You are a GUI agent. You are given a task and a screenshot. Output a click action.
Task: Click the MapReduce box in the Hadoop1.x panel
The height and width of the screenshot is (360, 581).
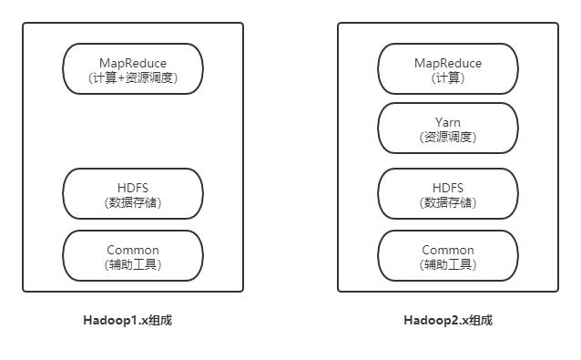pyautogui.click(x=133, y=68)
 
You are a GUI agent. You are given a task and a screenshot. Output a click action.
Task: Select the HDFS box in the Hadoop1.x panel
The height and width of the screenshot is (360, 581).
pyautogui.click(x=133, y=193)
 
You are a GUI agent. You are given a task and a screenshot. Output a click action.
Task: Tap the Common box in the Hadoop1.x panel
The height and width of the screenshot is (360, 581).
pyautogui.click(x=133, y=256)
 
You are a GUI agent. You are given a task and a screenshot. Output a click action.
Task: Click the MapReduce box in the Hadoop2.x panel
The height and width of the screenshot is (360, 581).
pyautogui.click(x=447, y=68)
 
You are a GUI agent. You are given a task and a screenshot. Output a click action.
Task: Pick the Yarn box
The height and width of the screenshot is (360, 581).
pyautogui.click(x=447, y=128)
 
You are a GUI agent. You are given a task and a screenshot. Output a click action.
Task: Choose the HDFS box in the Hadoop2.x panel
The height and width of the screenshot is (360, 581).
pyautogui.click(x=447, y=193)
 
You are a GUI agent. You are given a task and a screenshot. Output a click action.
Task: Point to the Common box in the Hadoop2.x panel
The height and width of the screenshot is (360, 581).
pyautogui.click(x=447, y=256)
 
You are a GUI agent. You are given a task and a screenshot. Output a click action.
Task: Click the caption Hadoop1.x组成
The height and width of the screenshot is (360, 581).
pyautogui.click(x=134, y=321)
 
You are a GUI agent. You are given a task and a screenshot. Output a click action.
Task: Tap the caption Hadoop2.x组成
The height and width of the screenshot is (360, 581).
pyautogui.click(x=448, y=321)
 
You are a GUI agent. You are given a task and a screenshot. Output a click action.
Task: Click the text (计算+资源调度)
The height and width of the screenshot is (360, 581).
pyautogui.click(x=133, y=78)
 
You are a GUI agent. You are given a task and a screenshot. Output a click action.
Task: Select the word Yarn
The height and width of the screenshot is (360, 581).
pyautogui.click(x=447, y=120)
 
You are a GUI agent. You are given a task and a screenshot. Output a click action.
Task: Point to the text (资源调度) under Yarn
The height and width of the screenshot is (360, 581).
pyautogui.click(x=447, y=137)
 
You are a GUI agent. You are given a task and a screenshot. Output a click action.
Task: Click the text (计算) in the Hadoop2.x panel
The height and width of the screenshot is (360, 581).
pyautogui.click(x=447, y=78)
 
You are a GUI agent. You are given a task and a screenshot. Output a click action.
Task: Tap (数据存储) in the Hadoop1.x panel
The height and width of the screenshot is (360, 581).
pyautogui.click(x=133, y=202)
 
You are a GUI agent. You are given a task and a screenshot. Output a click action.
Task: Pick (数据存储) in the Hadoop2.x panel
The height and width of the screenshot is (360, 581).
pyautogui.click(x=447, y=202)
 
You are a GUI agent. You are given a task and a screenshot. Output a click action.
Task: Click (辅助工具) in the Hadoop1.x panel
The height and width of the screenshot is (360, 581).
pyautogui.click(x=133, y=265)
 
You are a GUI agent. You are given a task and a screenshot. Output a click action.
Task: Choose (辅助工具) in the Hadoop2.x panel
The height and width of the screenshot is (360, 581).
pyautogui.click(x=447, y=265)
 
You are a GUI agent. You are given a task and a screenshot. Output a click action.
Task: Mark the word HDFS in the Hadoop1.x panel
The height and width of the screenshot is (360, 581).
pyautogui.click(x=133, y=187)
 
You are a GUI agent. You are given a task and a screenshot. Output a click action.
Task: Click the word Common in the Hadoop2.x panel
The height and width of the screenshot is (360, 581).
pyautogui.click(x=447, y=250)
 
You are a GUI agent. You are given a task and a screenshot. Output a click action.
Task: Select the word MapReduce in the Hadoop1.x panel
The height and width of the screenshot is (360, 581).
pyautogui.click(x=133, y=63)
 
